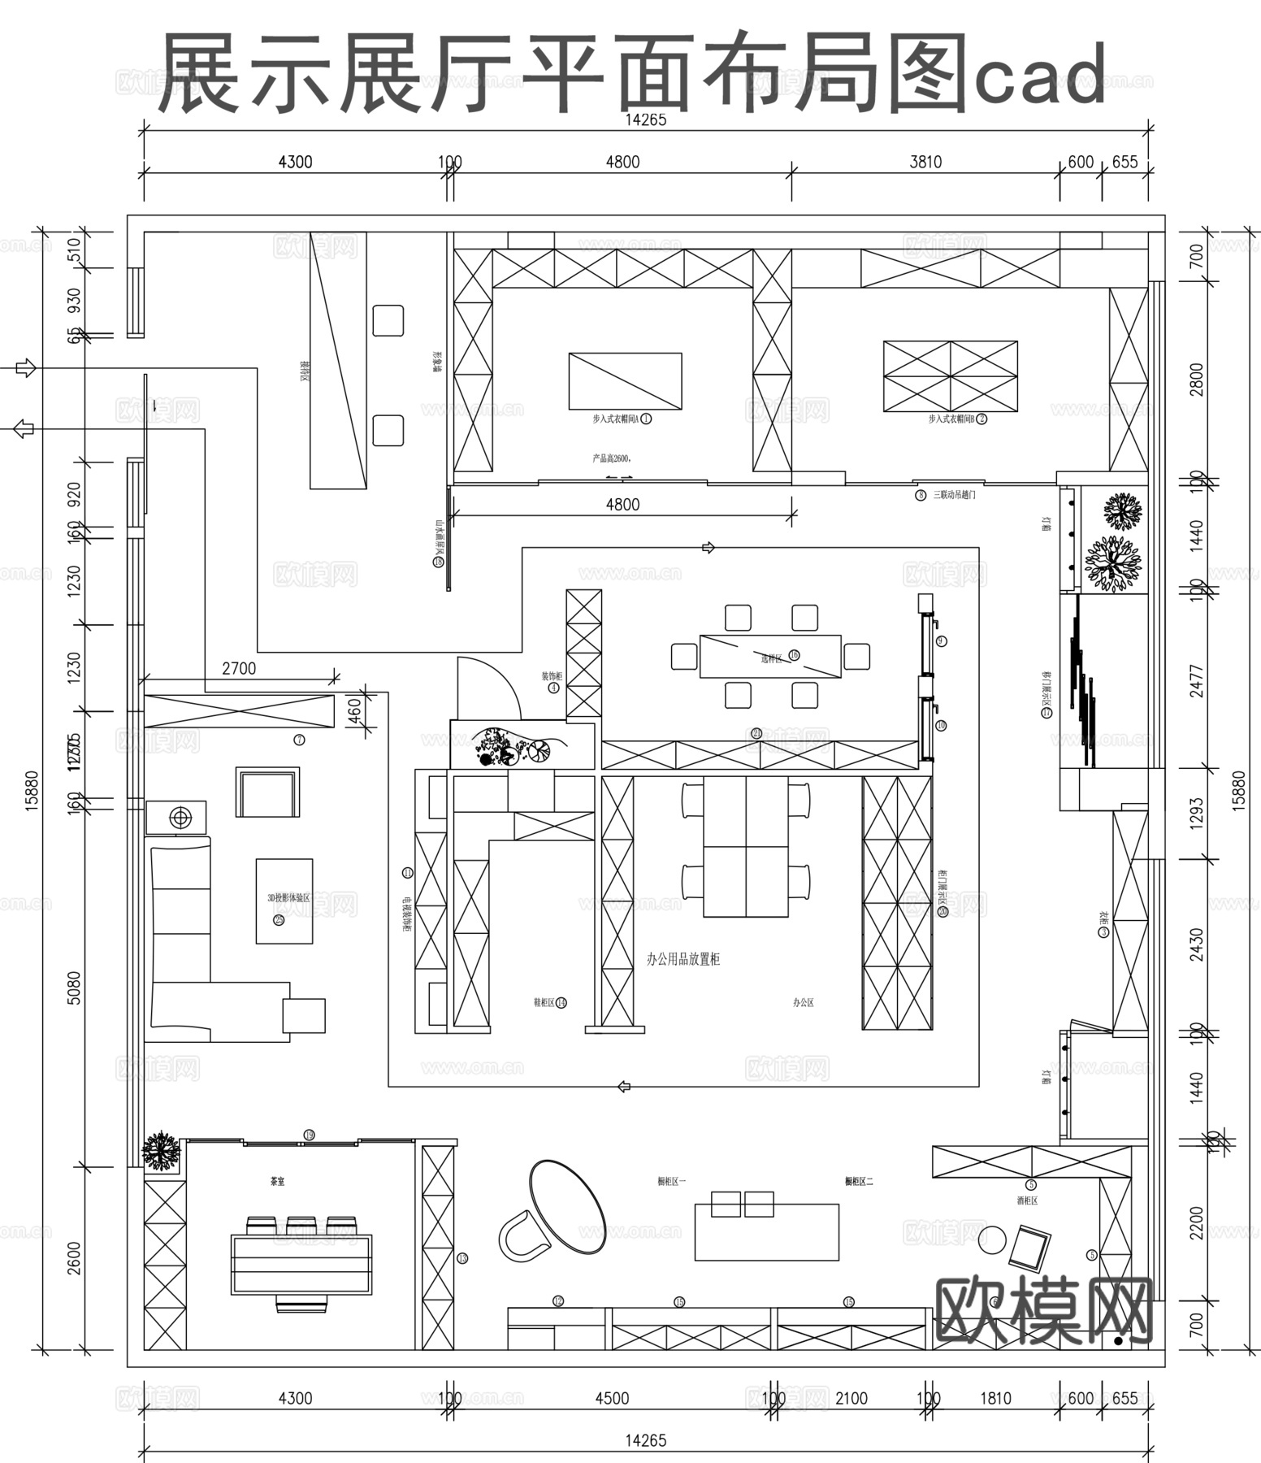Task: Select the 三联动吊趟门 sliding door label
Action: click(x=954, y=494)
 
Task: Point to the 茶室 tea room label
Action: click(x=278, y=1182)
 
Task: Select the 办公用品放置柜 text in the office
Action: click(x=683, y=960)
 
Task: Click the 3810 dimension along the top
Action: click(x=925, y=162)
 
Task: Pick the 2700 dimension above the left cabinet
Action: click(x=239, y=669)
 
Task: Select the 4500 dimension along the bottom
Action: click(x=612, y=1399)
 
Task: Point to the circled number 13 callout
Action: click(x=462, y=1258)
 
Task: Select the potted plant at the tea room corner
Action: click(x=161, y=1151)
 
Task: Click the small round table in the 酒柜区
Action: click(x=992, y=1239)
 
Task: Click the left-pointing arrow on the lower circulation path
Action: click(x=624, y=1087)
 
